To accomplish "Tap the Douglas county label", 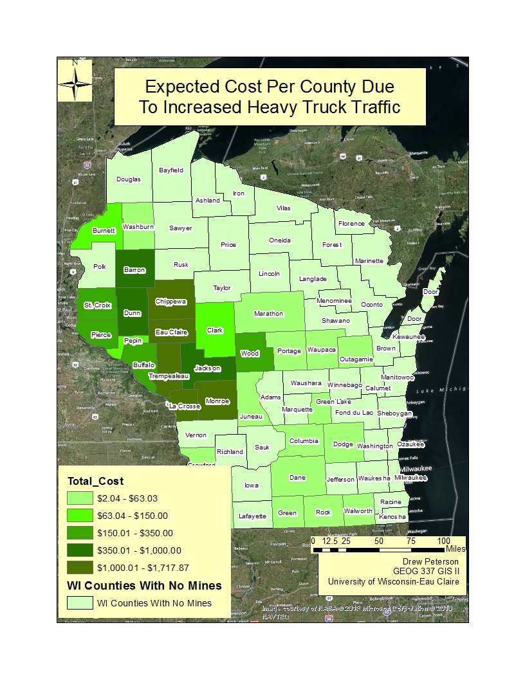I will (x=128, y=179).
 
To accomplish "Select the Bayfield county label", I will (x=172, y=170).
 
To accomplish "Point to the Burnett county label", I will (x=104, y=230).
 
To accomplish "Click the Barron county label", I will (x=134, y=271).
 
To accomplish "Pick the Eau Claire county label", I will (x=171, y=332).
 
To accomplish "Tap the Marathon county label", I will (x=268, y=314).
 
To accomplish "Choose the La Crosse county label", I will (x=185, y=406).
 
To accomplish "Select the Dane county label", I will (x=298, y=478).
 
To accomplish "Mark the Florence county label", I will (x=351, y=224).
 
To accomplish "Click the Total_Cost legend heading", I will (x=95, y=481).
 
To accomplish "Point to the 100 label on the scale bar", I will (x=444, y=541).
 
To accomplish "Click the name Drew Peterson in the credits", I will (x=430, y=561).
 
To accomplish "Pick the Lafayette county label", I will (x=252, y=516).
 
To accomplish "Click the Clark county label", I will (x=215, y=330).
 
